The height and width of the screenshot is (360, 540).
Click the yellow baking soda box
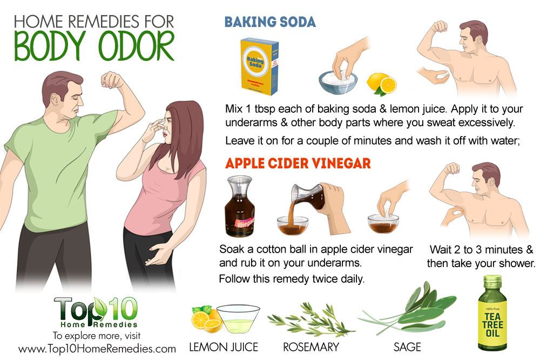(259, 66)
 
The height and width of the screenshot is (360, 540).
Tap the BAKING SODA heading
(270, 22)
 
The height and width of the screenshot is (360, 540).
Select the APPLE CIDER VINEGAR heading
(298, 163)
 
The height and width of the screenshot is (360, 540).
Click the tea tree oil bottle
(492, 313)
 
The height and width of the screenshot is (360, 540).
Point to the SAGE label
(407, 347)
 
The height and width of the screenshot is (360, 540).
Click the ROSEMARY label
(311, 347)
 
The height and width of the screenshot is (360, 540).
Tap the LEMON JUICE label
(224, 347)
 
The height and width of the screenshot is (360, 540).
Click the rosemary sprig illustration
(310, 320)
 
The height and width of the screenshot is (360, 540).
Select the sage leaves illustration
(410, 308)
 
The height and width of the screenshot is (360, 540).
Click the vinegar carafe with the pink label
(240, 207)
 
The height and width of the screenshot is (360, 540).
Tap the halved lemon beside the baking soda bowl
(382, 84)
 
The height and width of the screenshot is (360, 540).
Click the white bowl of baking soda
(338, 82)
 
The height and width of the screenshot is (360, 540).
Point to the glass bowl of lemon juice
(238, 318)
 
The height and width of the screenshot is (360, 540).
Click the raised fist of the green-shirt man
(112, 80)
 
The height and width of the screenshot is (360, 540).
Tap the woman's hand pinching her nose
(156, 130)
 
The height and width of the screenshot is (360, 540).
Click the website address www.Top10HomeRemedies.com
(97, 349)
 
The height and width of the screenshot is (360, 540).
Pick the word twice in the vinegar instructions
(323, 279)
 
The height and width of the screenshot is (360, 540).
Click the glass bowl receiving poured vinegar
(293, 226)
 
